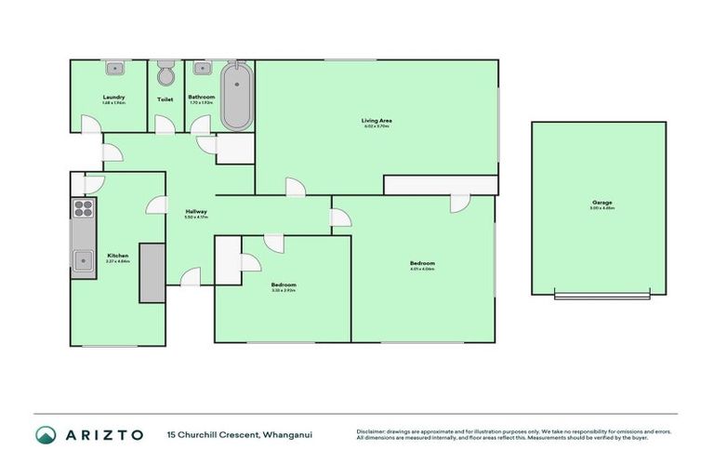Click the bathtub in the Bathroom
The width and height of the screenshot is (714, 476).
[236, 96]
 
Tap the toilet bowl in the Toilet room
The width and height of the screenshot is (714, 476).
[165, 74]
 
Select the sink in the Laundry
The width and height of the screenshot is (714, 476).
[116, 68]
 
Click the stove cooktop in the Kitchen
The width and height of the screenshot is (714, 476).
[83, 209]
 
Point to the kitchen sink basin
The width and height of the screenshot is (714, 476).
[84, 260]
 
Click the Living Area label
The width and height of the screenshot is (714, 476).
[375, 120]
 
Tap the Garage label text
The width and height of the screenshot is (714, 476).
[600, 202]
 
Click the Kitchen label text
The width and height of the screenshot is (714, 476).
[117, 256]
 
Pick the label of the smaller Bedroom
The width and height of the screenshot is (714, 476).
[284, 284]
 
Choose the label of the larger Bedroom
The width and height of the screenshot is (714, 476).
[422, 263]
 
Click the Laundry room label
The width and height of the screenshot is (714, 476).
[113, 97]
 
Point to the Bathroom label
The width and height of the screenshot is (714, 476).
[201, 97]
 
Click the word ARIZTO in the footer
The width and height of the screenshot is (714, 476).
[104, 434]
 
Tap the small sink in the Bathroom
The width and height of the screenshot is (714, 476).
[198, 68]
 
